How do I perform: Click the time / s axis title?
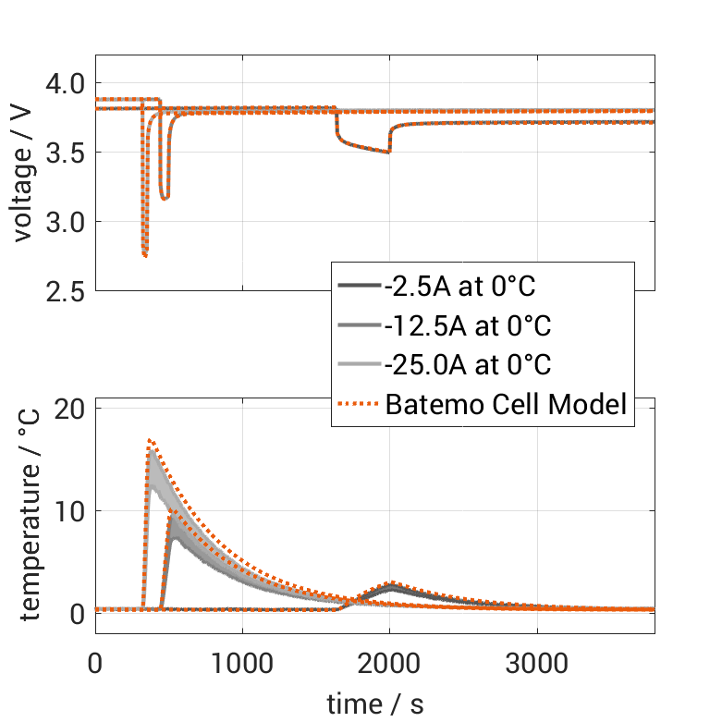tap(375, 704)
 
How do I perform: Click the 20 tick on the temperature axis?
tap(70, 410)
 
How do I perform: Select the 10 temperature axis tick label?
tap(70, 511)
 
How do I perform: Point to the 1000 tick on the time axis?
tap(242, 665)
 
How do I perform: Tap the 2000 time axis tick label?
tap(390, 665)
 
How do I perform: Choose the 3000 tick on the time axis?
tap(538, 665)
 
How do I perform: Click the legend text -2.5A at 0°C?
tap(459, 287)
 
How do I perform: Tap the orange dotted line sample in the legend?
tap(359, 404)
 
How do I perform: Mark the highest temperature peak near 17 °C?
tap(150, 441)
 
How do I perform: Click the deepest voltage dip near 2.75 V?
tap(145, 255)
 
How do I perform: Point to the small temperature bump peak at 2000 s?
tap(391, 584)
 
